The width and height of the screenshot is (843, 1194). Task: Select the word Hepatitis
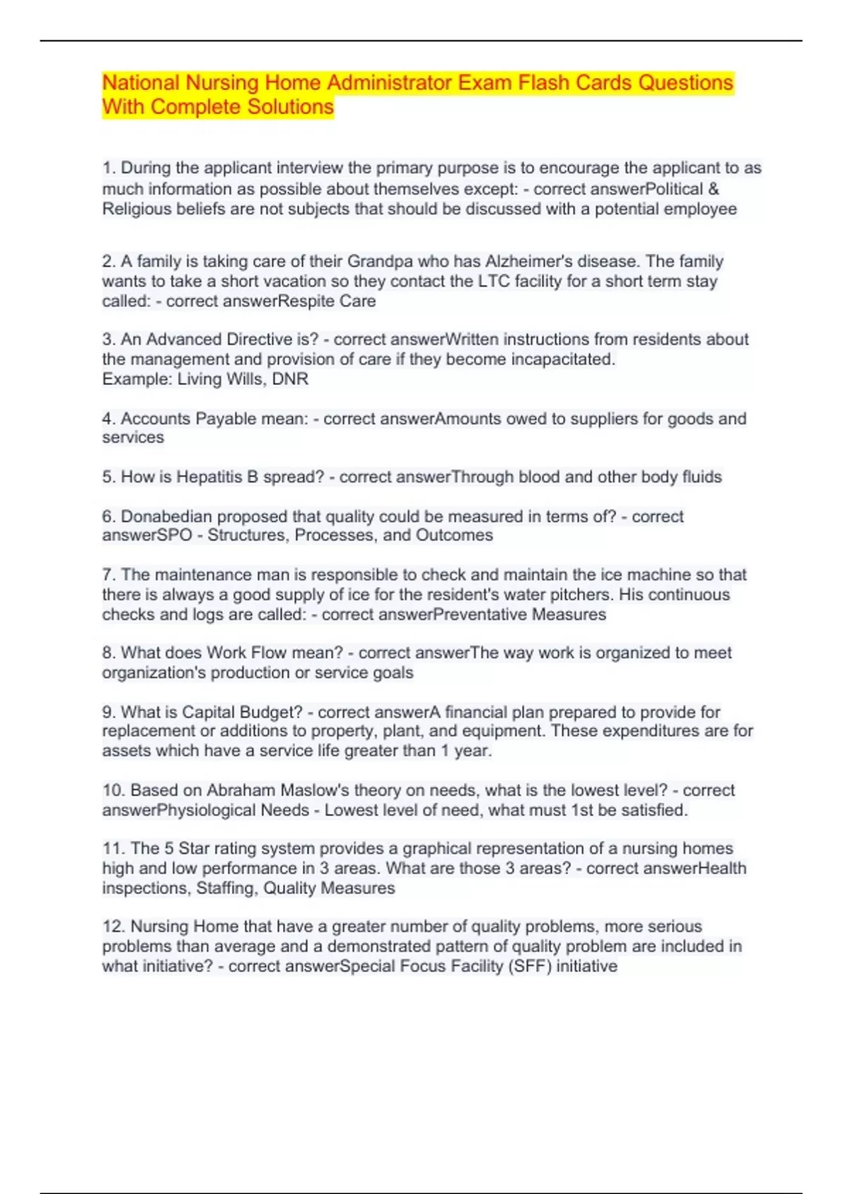point(209,477)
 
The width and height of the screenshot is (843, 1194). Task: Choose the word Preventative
point(480,614)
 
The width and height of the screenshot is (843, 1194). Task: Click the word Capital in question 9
point(208,711)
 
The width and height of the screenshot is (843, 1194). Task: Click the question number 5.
point(108,477)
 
